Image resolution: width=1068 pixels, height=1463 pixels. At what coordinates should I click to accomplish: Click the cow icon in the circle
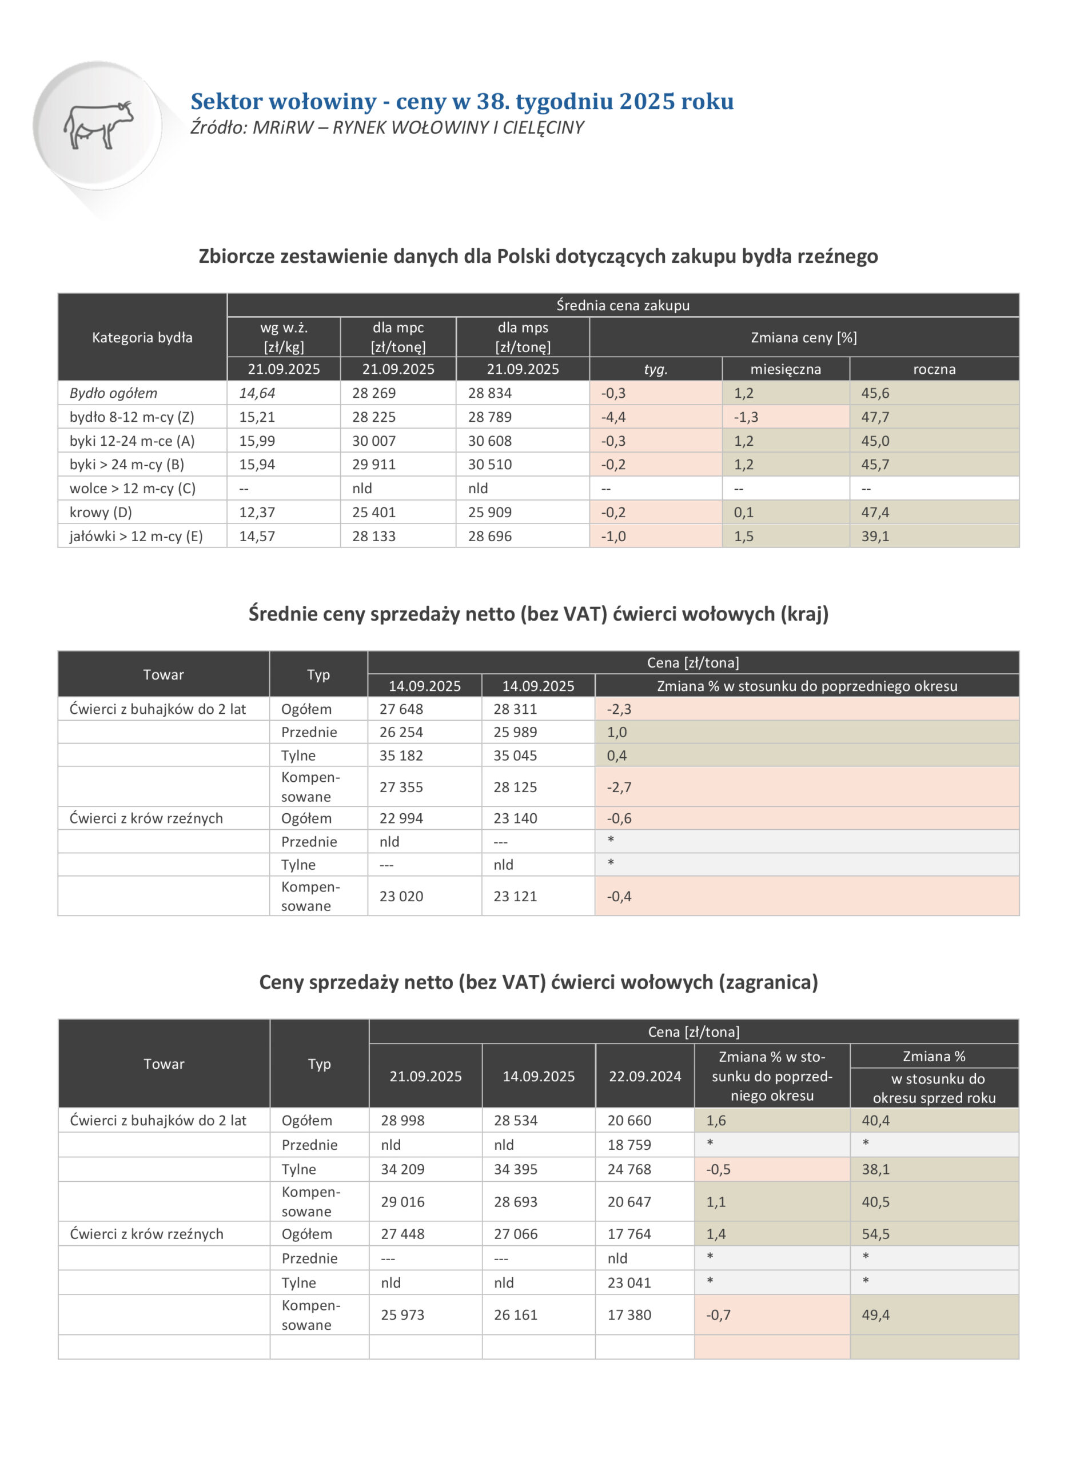pyautogui.click(x=98, y=125)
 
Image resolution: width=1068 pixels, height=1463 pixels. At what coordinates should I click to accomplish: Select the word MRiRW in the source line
pyautogui.click(x=282, y=128)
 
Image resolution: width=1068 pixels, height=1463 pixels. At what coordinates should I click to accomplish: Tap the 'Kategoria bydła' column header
pyautogui.click(x=142, y=337)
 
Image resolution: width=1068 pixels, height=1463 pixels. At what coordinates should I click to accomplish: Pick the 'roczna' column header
pyautogui.click(x=934, y=369)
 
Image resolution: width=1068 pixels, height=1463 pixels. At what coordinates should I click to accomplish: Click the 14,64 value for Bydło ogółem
pyautogui.click(x=257, y=393)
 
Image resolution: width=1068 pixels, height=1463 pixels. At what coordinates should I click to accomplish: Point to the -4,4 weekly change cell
pyautogui.click(x=613, y=417)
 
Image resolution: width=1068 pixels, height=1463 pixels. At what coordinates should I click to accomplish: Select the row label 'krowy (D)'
pyautogui.click(x=101, y=513)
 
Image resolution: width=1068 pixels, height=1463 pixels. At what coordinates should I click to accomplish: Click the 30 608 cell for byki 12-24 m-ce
pyautogui.click(x=490, y=441)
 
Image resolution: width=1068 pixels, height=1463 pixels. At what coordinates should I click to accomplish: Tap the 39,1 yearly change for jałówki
pyautogui.click(x=875, y=537)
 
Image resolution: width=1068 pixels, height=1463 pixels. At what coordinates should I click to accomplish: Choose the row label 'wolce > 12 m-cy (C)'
pyautogui.click(x=133, y=489)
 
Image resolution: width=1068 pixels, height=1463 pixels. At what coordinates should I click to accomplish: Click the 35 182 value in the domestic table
pyautogui.click(x=401, y=756)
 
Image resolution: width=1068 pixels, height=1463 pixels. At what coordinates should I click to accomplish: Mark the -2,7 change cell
pyautogui.click(x=619, y=787)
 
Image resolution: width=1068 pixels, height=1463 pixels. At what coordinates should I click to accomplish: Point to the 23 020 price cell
pyautogui.click(x=401, y=896)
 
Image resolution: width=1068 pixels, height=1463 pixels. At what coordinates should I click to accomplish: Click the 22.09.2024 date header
pyautogui.click(x=644, y=1076)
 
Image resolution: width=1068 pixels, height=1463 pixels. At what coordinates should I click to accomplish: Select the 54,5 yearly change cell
pyautogui.click(x=875, y=1234)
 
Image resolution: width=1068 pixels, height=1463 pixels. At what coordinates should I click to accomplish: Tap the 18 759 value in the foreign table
pyautogui.click(x=629, y=1145)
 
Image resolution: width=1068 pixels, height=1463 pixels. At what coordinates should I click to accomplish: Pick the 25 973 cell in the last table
pyautogui.click(x=402, y=1314)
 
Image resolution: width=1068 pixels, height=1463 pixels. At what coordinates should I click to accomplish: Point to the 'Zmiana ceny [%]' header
pyautogui.click(x=804, y=337)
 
